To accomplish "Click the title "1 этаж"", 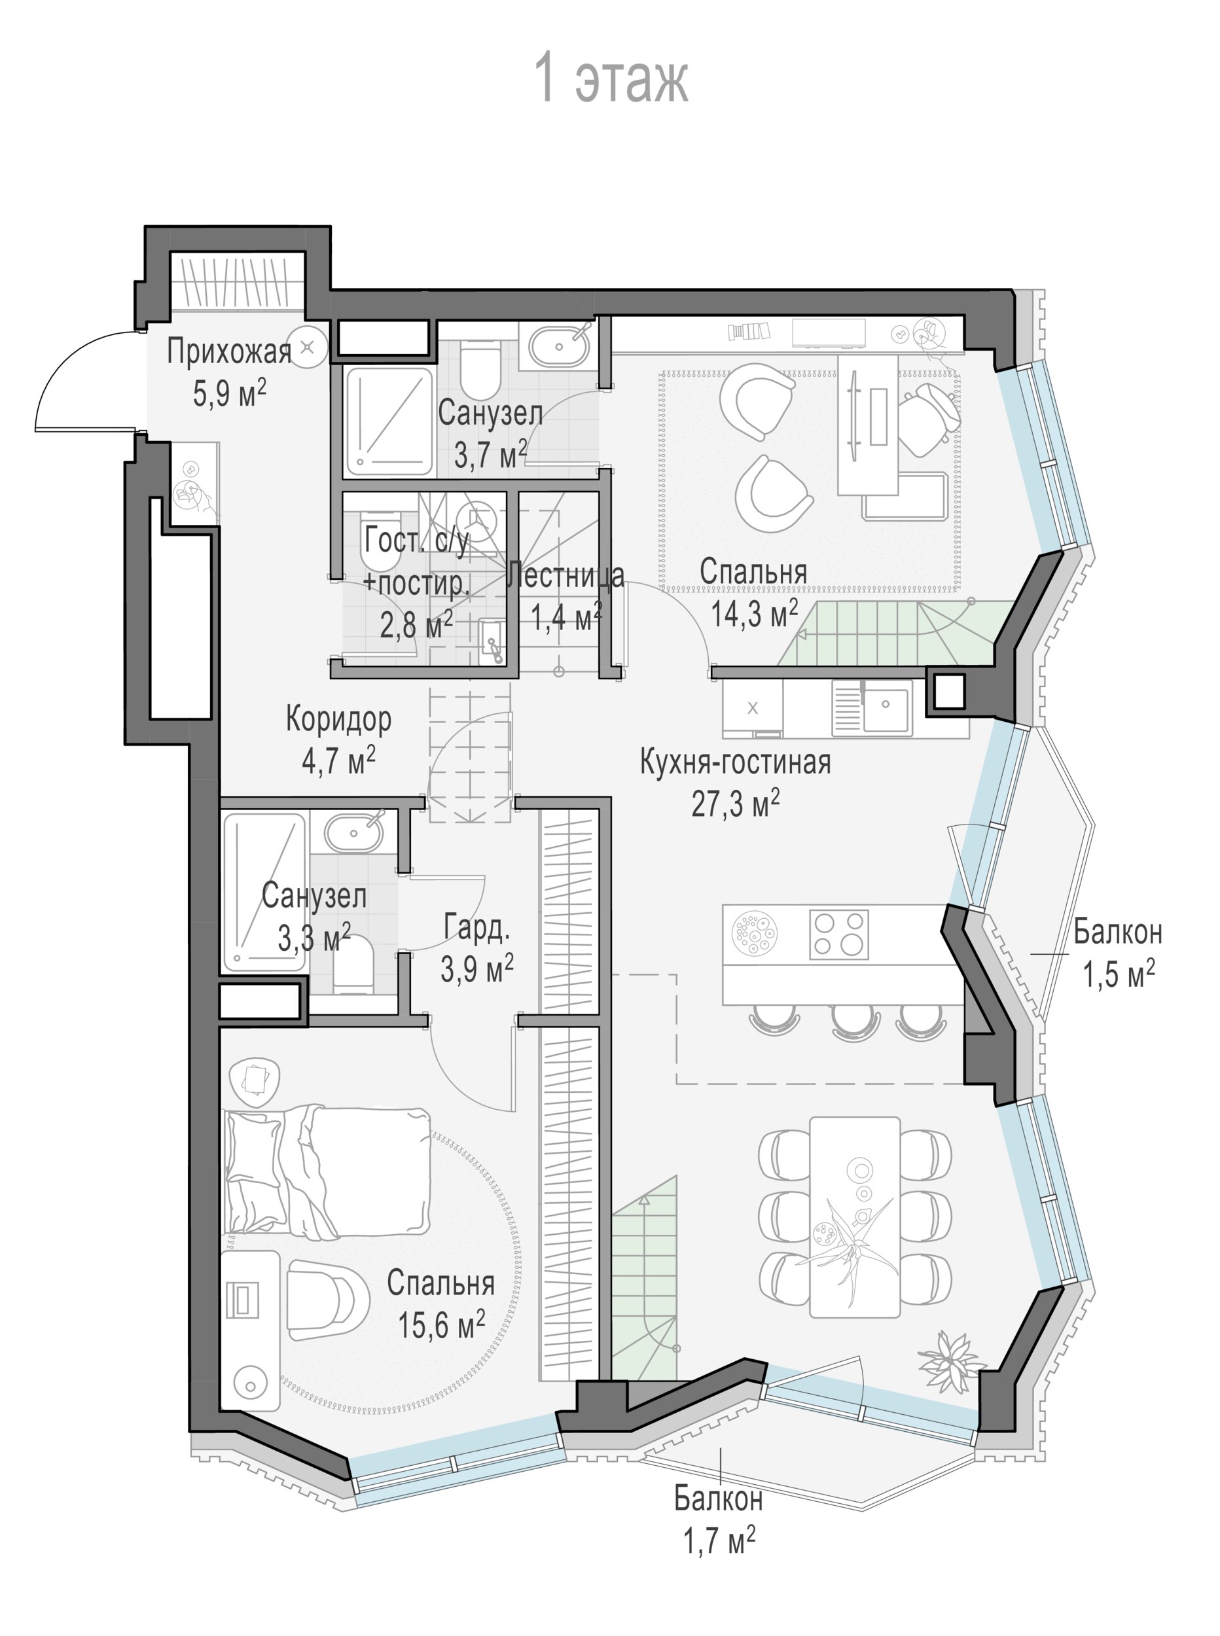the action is pyautogui.click(x=612, y=77).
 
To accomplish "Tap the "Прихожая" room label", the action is pyautogui.click(x=229, y=351).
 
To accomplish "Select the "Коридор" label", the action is pyautogui.click(x=338, y=719).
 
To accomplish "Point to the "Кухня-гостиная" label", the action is pyautogui.click(x=735, y=762).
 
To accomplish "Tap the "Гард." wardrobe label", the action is pyautogui.click(x=476, y=928).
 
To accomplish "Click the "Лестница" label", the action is pyautogui.click(x=565, y=575).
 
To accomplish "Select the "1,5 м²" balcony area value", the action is pyautogui.click(x=1118, y=974).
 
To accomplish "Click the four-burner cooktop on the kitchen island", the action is pyautogui.click(x=839, y=934).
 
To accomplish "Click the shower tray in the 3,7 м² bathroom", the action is pyautogui.click(x=389, y=421).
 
